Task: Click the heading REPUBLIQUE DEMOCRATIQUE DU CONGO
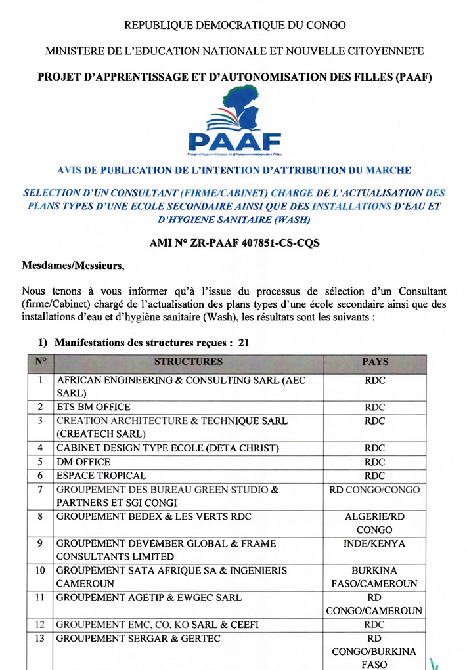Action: point(234,26)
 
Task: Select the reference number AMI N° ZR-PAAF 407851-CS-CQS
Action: point(234,243)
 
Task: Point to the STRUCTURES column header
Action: point(189,362)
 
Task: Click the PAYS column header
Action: point(374,362)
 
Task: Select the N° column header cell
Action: point(41,362)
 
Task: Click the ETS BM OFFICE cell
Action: point(94,407)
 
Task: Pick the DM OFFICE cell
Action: point(84,462)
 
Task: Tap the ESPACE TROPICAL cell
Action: point(102,476)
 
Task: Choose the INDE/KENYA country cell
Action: point(374,544)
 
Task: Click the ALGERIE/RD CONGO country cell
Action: point(374,523)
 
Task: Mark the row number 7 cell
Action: point(41,490)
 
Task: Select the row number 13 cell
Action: point(41,639)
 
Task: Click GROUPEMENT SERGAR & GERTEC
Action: point(139,639)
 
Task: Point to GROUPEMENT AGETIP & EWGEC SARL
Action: point(149,598)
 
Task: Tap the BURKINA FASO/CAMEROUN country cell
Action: point(374,577)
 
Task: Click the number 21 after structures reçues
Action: point(244,342)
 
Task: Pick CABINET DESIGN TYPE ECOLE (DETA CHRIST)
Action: point(168,448)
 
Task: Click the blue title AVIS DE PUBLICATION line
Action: point(234,170)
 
